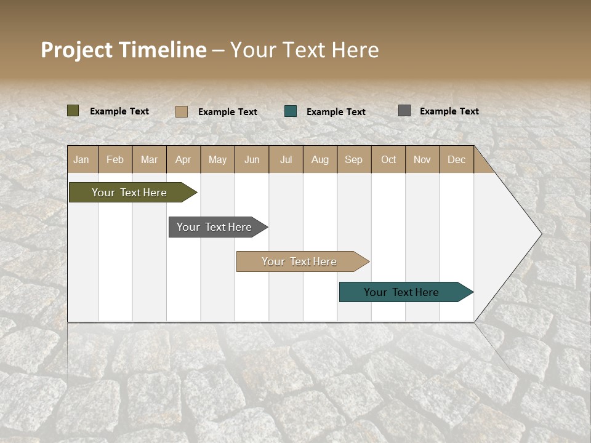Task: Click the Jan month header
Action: (81, 159)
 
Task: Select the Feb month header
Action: (115, 159)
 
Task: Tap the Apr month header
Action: (183, 159)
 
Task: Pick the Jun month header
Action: (252, 159)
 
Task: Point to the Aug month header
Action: (320, 159)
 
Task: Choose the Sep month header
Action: (353, 159)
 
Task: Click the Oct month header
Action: (388, 159)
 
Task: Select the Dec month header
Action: (456, 159)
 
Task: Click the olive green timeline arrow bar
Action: (130, 193)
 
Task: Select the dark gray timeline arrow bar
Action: (215, 227)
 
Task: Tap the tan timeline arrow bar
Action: (300, 261)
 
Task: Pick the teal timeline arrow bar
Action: (402, 292)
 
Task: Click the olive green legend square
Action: (73, 111)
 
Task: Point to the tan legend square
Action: (182, 111)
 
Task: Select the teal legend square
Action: (291, 111)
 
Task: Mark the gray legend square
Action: (404, 111)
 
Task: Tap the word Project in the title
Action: (77, 50)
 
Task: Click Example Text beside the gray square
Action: (449, 111)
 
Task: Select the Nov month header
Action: (422, 159)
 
